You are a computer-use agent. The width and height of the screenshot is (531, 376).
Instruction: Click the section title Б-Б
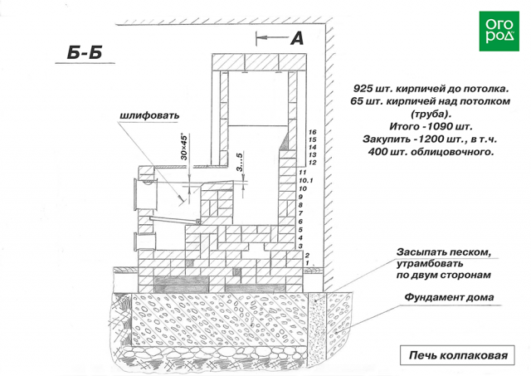pyautogui.click(x=85, y=54)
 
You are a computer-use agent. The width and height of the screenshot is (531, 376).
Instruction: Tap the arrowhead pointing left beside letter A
pyautogui.click(x=261, y=37)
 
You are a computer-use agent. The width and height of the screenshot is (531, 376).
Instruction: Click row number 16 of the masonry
pyautogui.click(x=312, y=132)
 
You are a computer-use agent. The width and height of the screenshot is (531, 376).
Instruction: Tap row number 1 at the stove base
pyautogui.click(x=307, y=263)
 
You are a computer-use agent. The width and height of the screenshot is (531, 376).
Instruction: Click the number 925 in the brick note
pyautogui.click(x=364, y=87)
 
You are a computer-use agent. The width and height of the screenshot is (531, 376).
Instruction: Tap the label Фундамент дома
pyautogui.click(x=449, y=298)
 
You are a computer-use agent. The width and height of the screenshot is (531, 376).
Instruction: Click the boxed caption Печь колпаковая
pyautogui.click(x=455, y=354)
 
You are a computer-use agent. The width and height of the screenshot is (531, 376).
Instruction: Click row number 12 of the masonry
pyautogui.click(x=312, y=163)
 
